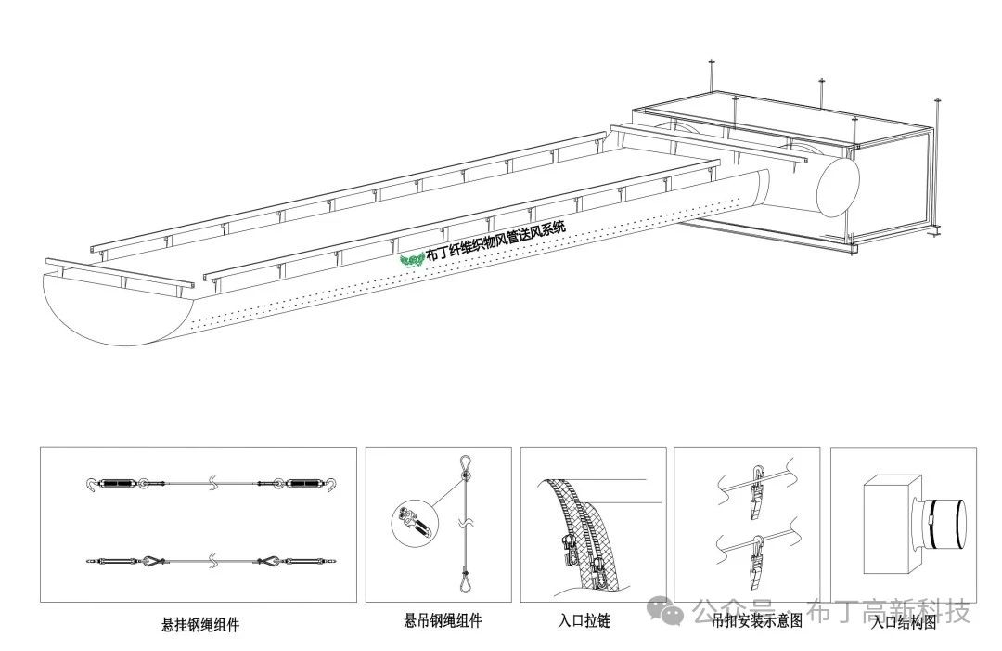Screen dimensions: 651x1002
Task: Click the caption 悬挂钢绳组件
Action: [199, 625]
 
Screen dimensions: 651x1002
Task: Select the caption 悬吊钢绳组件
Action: [443, 620]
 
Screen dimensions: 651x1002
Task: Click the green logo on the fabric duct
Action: [411, 259]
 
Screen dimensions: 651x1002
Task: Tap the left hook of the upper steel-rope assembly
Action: [89, 484]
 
